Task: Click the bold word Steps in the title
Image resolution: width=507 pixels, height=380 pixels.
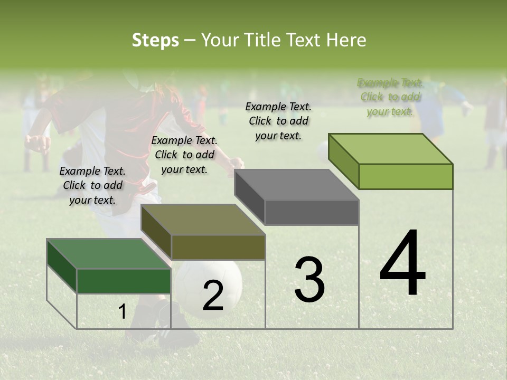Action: [x=155, y=40]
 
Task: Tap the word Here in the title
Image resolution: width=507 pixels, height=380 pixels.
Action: [x=346, y=40]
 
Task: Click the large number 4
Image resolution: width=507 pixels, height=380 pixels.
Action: [x=402, y=264]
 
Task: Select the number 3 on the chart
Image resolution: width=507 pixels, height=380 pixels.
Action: [x=309, y=280]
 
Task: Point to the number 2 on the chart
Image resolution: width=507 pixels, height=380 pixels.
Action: [x=213, y=296]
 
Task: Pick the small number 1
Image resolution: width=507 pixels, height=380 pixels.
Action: [x=122, y=312]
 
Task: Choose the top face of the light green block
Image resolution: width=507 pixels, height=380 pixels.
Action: [x=391, y=149]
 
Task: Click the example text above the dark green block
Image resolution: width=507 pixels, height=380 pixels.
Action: [x=92, y=185]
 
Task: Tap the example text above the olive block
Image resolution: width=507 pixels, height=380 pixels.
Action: [x=184, y=155]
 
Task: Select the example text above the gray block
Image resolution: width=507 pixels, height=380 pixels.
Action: [x=278, y=121]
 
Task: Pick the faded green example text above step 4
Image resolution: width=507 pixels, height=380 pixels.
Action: [x=390, y=97]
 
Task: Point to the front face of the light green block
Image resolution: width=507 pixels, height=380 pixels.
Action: [x=406, y=176]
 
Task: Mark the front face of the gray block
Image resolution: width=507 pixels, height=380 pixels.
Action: [x=312, y=212]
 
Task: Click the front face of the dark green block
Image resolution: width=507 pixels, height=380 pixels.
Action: [x=124, y=281]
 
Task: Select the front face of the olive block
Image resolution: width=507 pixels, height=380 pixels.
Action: [x=218, y=247]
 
